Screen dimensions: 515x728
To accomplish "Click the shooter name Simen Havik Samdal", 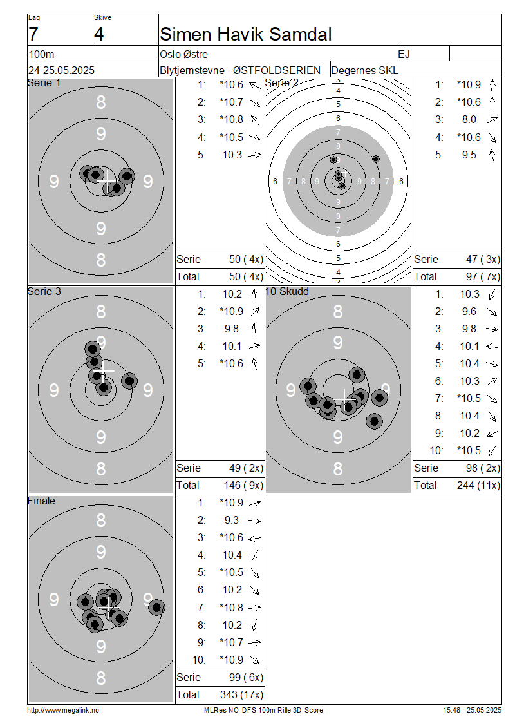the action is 245,34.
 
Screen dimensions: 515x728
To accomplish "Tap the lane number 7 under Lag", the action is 33,34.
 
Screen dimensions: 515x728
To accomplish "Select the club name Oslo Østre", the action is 183,54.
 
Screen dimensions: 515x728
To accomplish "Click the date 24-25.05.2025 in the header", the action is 61,71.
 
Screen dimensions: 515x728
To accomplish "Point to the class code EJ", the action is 404,54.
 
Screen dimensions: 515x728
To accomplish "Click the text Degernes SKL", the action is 364,71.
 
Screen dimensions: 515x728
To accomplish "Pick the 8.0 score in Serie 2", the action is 469,119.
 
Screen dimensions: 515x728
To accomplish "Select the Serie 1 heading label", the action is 44,83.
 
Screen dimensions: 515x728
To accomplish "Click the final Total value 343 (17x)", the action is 241,694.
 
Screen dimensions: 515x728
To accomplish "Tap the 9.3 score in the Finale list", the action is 232,521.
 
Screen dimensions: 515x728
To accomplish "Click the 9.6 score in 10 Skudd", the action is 469,312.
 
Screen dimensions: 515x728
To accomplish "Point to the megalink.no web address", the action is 63,710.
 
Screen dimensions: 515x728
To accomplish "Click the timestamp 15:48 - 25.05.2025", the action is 472,710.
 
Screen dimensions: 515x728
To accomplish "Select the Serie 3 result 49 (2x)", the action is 246,468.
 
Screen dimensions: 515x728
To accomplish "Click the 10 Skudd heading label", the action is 287,292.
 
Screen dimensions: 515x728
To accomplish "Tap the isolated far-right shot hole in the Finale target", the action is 157,607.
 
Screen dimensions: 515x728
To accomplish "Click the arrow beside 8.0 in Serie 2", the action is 492,120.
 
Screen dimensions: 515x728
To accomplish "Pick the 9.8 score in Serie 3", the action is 232,329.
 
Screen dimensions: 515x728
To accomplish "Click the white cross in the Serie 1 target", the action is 108,181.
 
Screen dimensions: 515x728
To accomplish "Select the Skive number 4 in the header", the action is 99,34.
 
